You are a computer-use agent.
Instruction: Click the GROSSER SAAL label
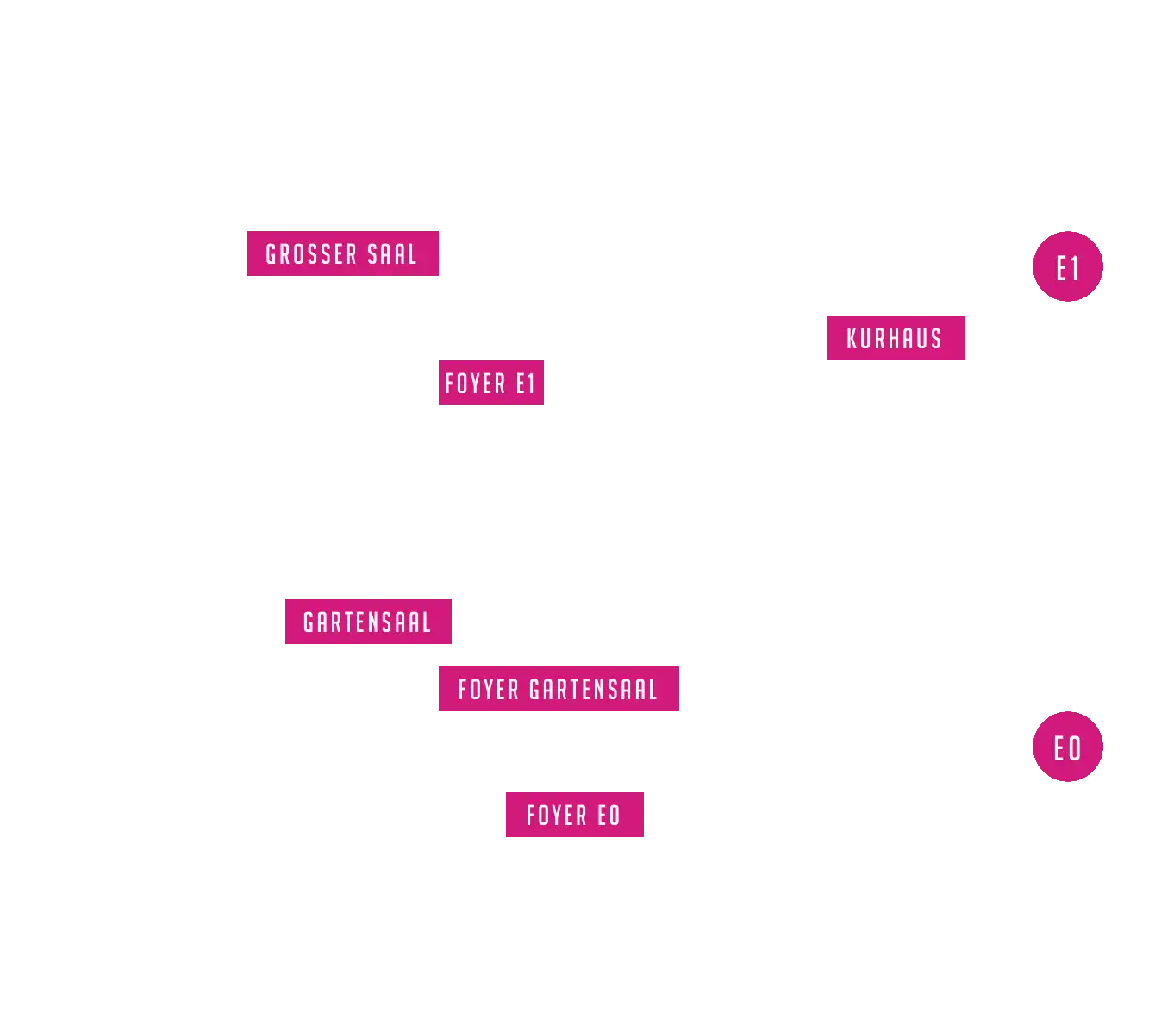[342, 253]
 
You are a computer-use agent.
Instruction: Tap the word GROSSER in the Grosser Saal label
[311, 253]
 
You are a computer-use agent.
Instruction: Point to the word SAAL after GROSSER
[392, 253]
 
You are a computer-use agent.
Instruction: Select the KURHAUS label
[895, 338]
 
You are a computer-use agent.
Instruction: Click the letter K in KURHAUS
[852, 338]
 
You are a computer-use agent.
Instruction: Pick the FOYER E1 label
[491, 383]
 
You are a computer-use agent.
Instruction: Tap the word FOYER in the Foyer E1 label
[475, 383]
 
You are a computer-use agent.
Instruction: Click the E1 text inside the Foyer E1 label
[525, 383]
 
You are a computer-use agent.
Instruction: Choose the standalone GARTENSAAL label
[368, 622]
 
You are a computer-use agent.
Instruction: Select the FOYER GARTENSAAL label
[559, 689]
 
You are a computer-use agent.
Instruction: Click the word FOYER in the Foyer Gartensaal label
[488, 690]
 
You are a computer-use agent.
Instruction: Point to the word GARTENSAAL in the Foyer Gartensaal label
[593, 690]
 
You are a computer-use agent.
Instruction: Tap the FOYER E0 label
[574, 815]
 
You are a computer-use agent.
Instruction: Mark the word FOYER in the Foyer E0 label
[556, 816]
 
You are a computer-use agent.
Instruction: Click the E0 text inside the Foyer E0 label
[609, 816]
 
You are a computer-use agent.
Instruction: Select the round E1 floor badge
[1067, 266]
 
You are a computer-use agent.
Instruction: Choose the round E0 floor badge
[1067, 747]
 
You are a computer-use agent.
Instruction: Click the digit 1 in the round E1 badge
[1074, 268]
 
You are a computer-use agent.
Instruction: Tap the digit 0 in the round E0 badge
[1075, 748]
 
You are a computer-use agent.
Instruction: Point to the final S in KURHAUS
[936, 338]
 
